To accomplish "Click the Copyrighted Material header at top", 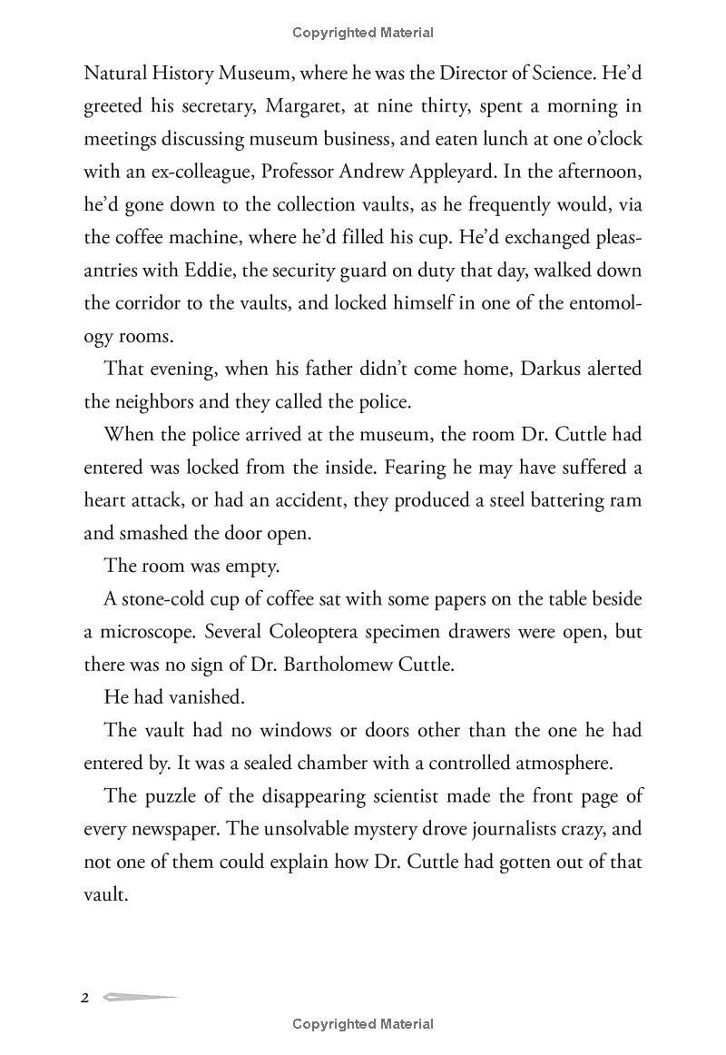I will point(363,33).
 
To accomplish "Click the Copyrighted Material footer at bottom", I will point(363,1024).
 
